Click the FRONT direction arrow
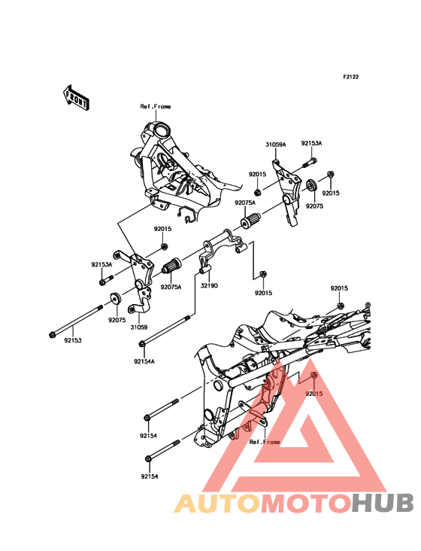76,98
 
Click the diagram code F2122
351,77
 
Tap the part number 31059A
275,145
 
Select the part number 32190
209,286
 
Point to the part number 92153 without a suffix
73,340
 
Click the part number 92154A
144,361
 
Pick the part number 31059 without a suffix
138,327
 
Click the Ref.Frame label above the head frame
156,106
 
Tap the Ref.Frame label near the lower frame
265,442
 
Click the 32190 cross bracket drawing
223,254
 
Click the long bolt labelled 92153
76,321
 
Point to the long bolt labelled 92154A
165,330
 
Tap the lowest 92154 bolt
162,449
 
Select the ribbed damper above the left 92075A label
171,265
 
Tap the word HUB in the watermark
383,504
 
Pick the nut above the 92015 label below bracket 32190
263,274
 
